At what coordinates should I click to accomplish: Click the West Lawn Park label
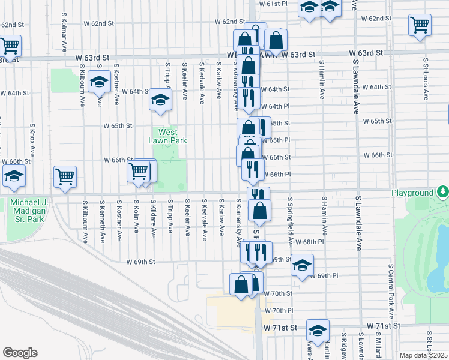tap(168, 136)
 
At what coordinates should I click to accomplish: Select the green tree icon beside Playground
tap(442, 192)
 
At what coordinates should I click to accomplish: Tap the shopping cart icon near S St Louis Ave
tap(420, 25)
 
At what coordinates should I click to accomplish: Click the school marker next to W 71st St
tap(318, 329)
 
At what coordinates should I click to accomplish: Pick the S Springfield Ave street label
tap(290, 223)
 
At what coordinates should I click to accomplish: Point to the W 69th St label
tap(141, 262)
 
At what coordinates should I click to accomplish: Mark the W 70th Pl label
tap(277, 311)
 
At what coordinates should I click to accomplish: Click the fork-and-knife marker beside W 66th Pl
tap(253, 169)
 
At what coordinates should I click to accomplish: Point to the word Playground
tap(412, 193)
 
